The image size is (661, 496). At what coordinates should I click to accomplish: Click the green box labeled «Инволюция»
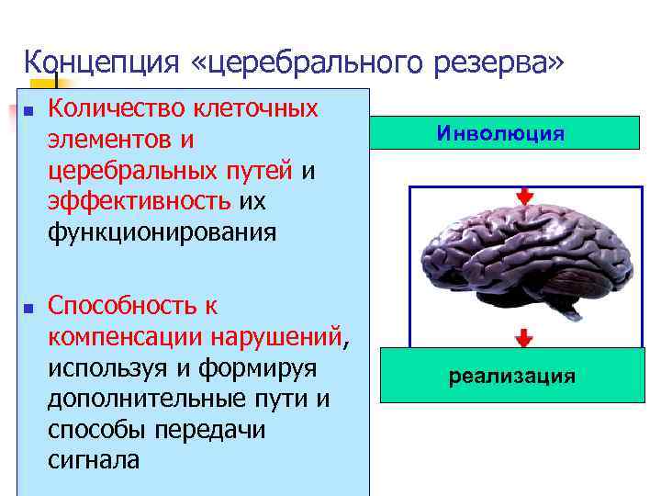click(510, 133)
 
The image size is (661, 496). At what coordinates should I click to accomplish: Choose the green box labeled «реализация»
click(511, 376)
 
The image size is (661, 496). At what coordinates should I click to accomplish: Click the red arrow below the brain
click(523, 337)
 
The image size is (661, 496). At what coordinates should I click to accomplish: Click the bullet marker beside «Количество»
click(28, 111)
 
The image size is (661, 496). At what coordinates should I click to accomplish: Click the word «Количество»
click(117, 109)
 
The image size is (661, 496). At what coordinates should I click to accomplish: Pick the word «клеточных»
click(256, 109)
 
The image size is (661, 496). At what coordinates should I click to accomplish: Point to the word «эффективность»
click(140, 201)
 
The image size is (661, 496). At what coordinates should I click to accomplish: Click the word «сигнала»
click(94, 460)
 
